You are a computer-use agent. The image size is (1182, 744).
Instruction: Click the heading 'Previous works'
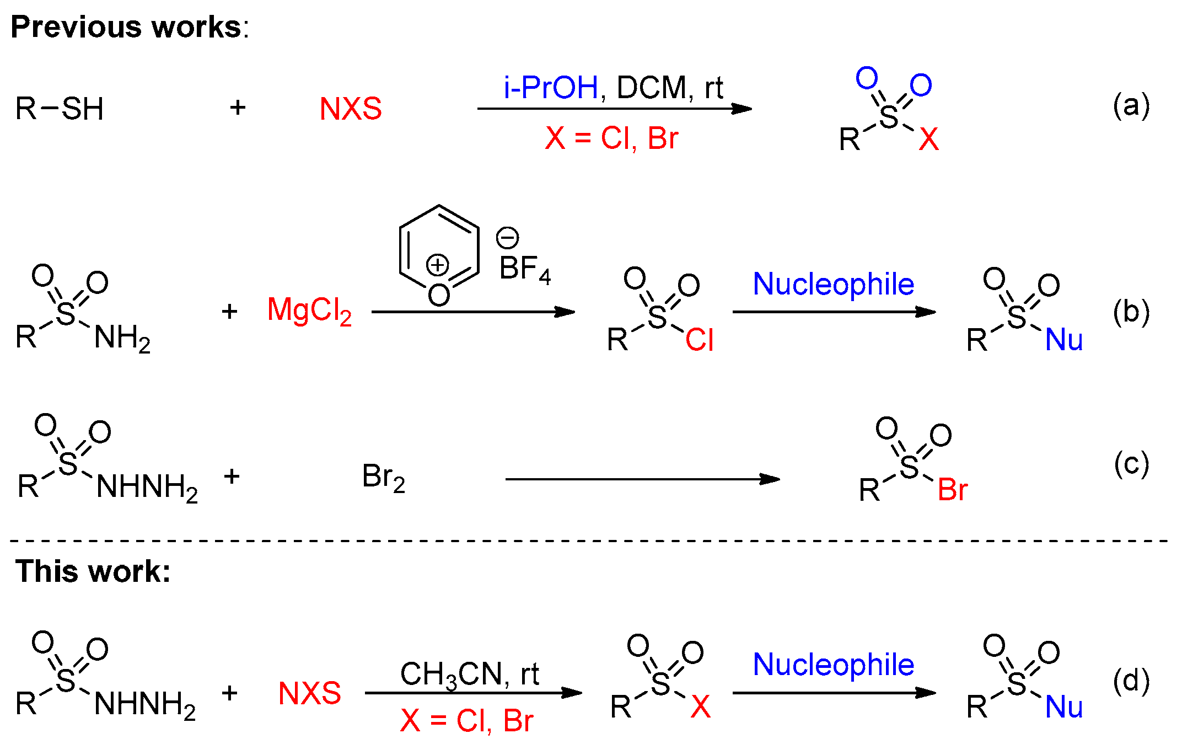tap(127, 28)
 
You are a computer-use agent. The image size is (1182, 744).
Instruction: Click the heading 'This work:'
tap(93, 571)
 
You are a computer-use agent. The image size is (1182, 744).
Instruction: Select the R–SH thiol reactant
tap(60, 109)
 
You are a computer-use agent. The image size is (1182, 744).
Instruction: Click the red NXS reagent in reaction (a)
tap(351, 109)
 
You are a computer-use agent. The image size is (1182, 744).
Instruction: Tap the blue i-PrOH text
tap(551, 88)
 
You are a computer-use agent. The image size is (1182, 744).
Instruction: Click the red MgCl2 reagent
tap(309, 311)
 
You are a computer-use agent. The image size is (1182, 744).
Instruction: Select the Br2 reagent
tap(384, 477)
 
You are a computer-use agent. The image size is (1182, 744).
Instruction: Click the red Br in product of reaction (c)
tap(953, 490)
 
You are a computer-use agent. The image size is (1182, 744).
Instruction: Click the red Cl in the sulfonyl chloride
tap(700, 340)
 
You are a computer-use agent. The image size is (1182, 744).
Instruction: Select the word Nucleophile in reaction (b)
tap(834, 284)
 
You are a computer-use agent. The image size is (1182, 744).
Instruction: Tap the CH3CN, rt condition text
tap(469, 674)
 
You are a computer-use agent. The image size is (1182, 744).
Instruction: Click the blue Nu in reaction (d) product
tap(1063, 707)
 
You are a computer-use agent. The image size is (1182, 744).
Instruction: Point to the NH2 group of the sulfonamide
tap(122, 338)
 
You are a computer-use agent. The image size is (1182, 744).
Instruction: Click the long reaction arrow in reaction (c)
tap(642, 479)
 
